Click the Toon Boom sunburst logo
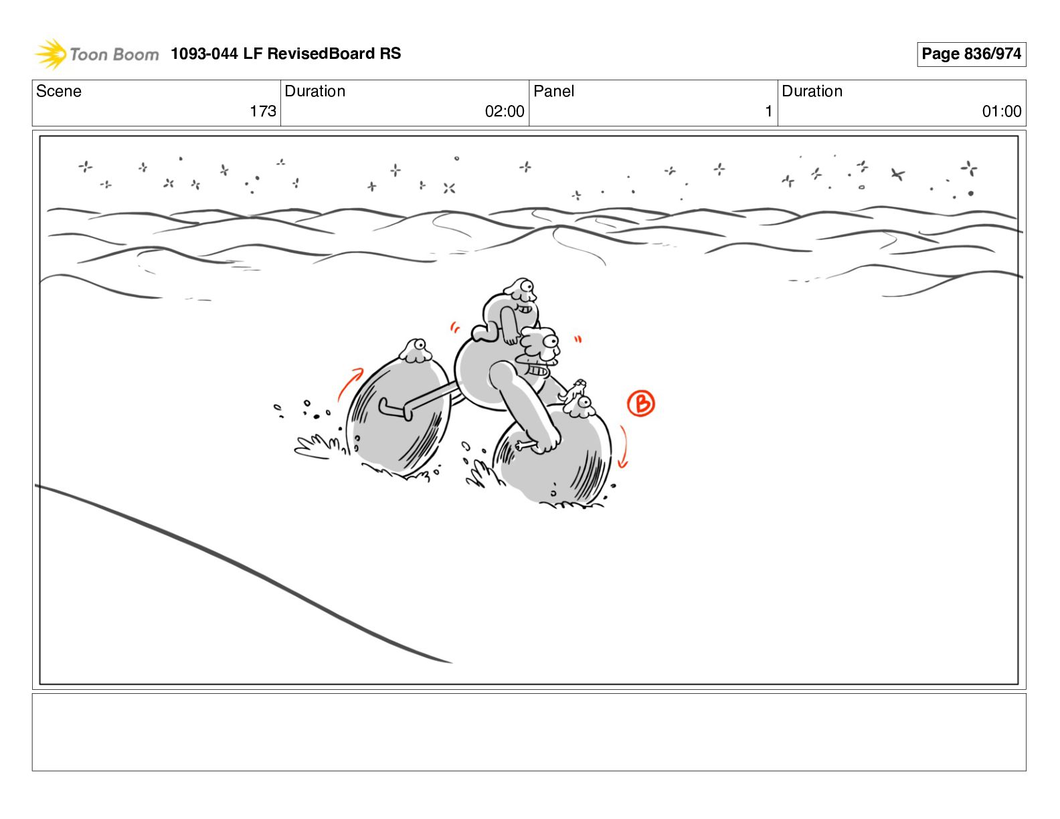[51, 54]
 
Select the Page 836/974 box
[971, 54]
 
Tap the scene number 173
[263, 111]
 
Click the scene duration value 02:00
[505, 111]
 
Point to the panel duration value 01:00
[1002, 111]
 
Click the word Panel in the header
[553, 91]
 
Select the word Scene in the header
[58, 91]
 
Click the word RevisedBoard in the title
[321, 54]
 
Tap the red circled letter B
[640, 403]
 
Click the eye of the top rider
[526, 286]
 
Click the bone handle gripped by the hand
[525, 445]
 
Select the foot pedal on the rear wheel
[395, 409]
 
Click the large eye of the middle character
[551, 341]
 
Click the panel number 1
[768, 111]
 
